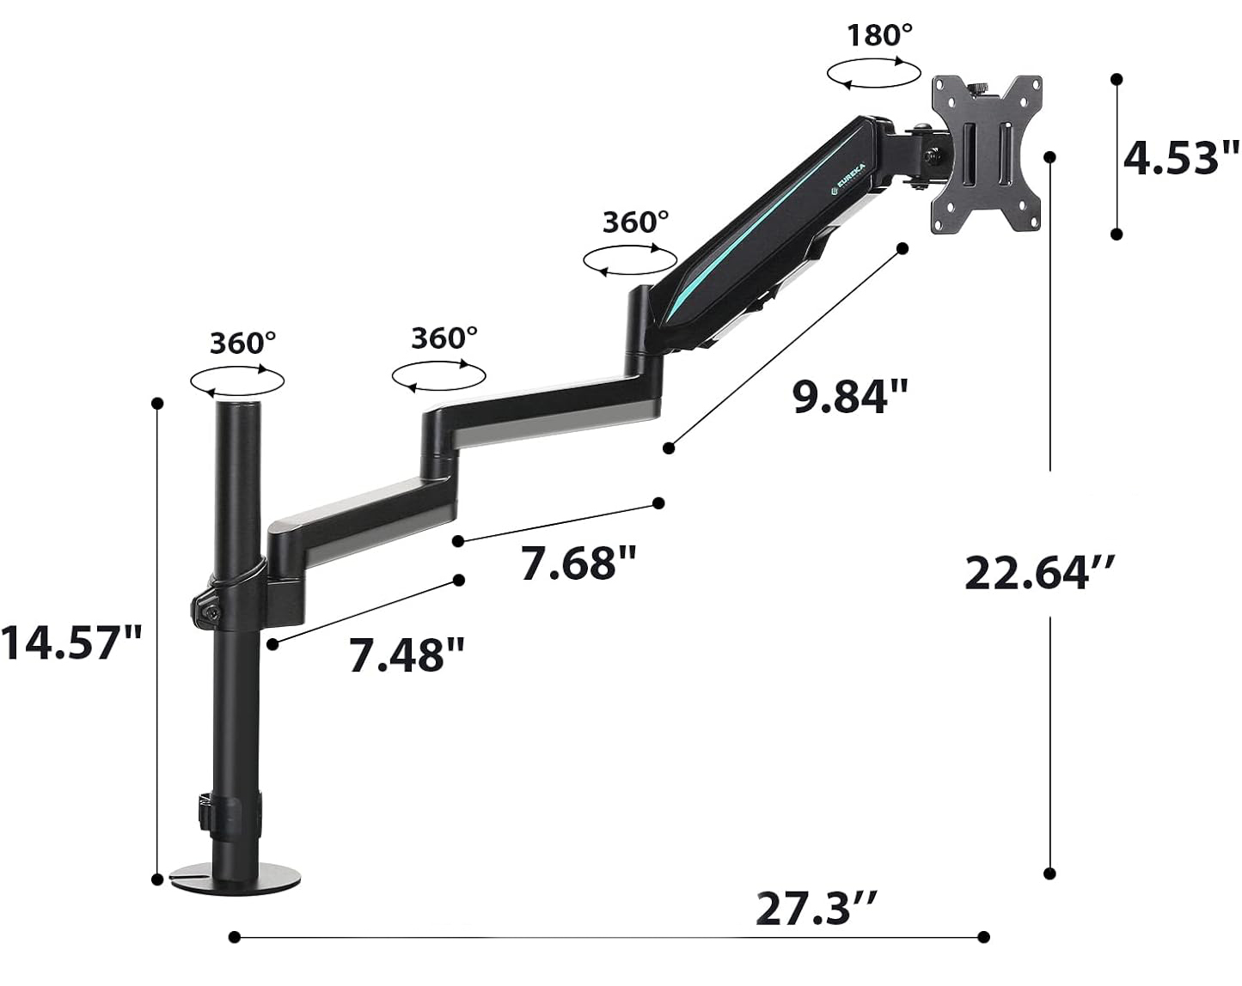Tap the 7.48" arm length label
click(407, 654)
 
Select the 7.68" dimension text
click(578, 563)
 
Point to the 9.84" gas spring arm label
click(850, 396)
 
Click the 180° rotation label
click(879, 35)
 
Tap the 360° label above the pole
click(243, 344)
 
